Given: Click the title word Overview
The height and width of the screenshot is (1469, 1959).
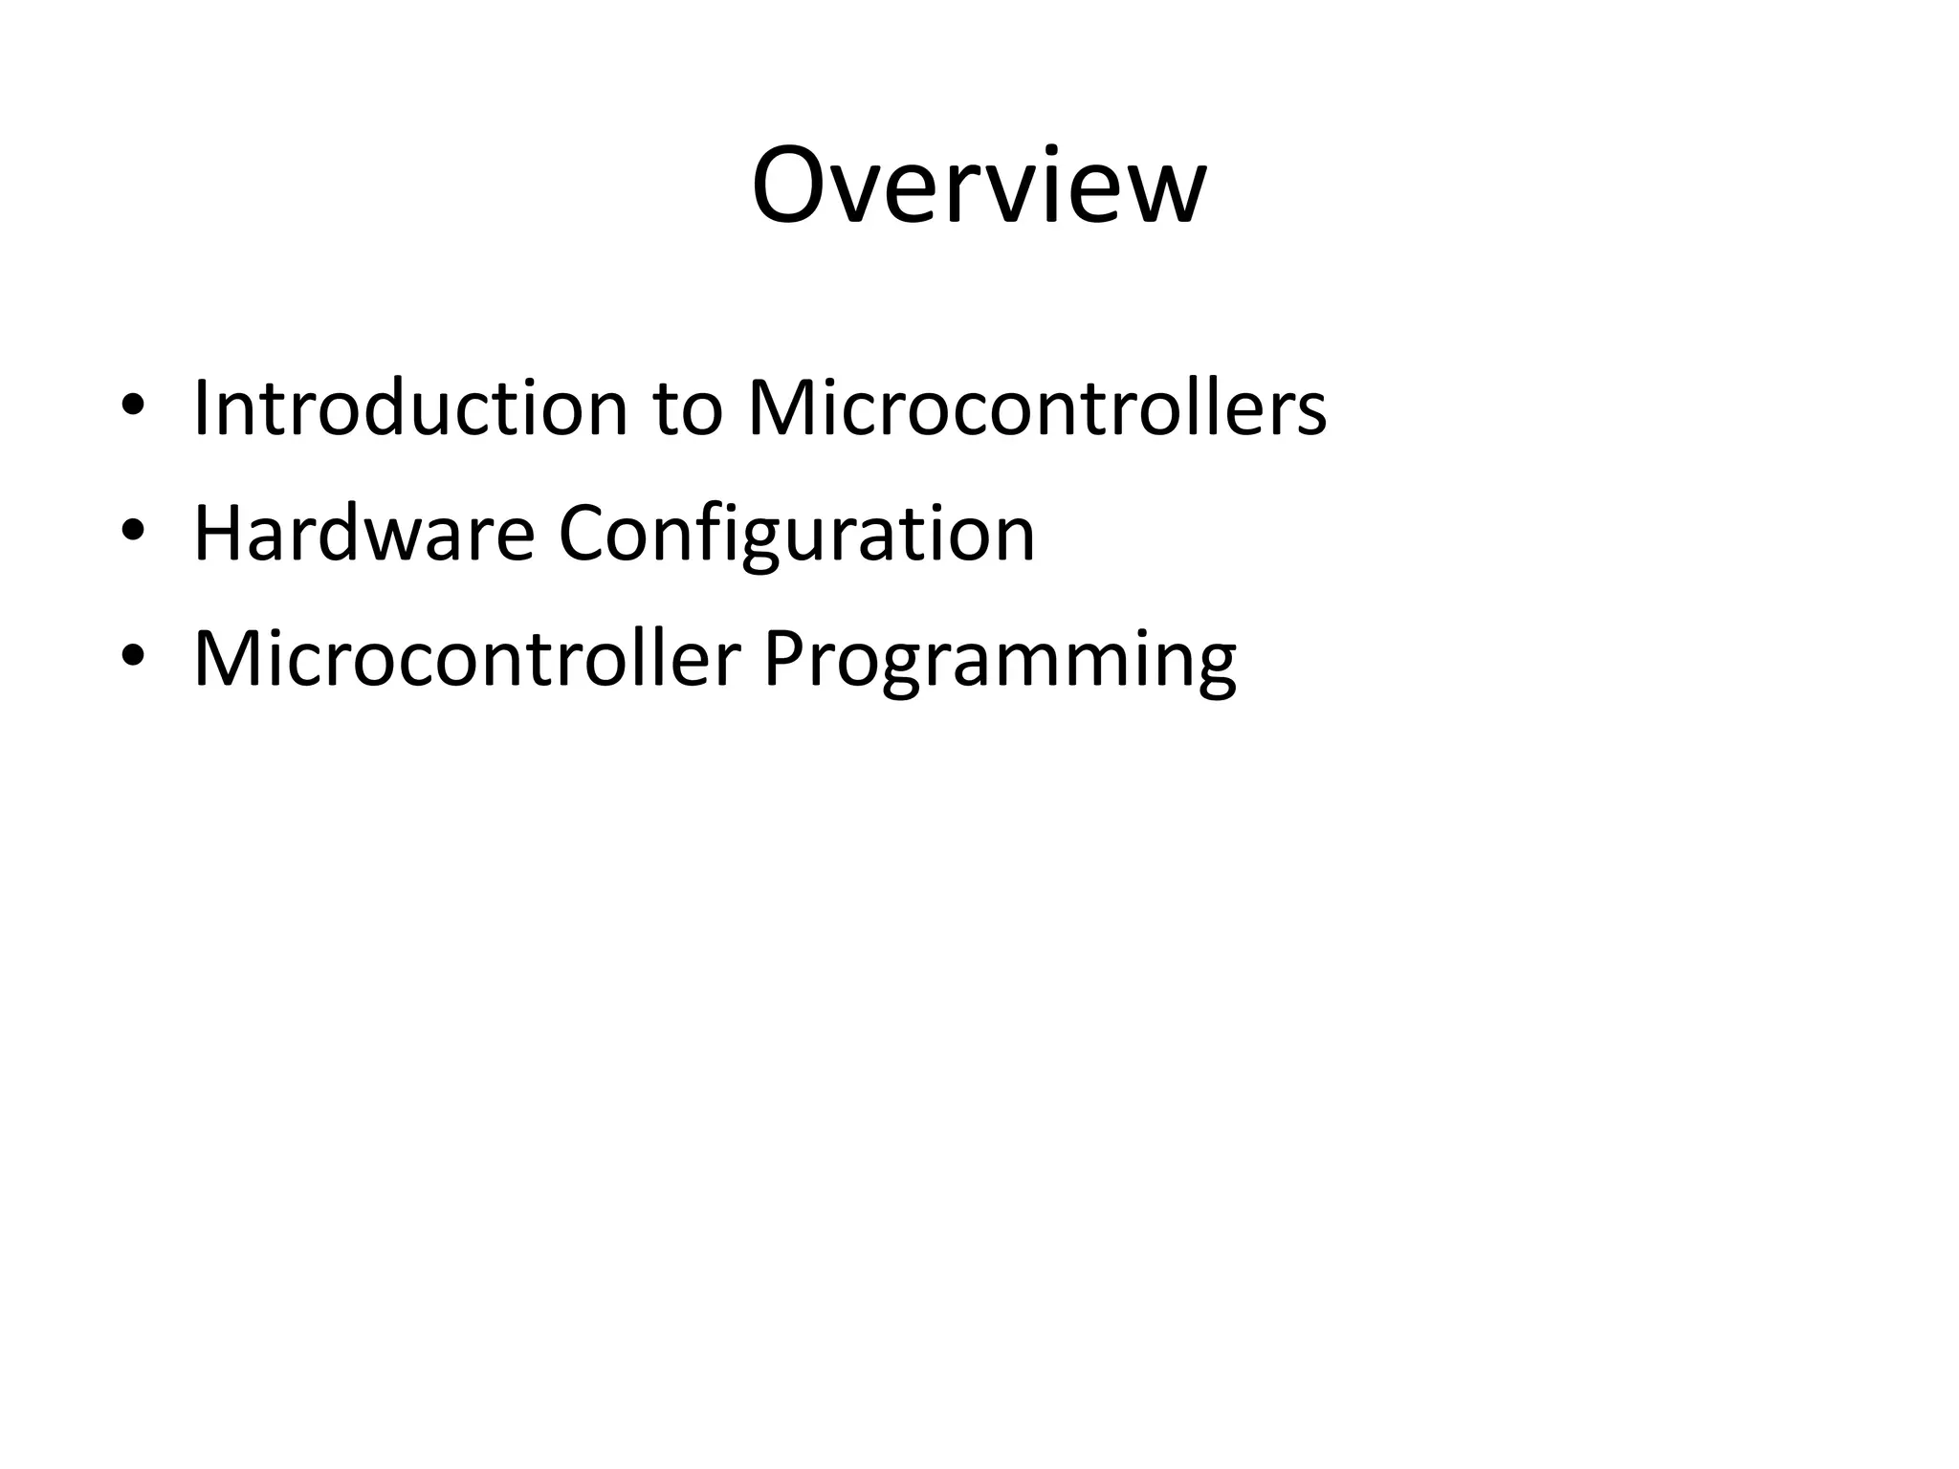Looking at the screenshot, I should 979,186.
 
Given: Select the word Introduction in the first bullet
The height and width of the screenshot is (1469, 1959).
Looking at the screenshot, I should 409,408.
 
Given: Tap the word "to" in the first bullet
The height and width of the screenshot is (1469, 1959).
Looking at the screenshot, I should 687,410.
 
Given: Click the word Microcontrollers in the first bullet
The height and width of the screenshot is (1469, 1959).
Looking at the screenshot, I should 1036,408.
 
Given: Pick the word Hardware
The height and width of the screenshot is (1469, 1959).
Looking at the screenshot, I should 363,534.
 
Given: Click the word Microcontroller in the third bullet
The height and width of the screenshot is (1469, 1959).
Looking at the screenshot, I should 467,659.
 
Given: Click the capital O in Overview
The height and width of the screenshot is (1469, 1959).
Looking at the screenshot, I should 789,186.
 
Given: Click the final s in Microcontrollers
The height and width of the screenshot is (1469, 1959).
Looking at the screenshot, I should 1310,415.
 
